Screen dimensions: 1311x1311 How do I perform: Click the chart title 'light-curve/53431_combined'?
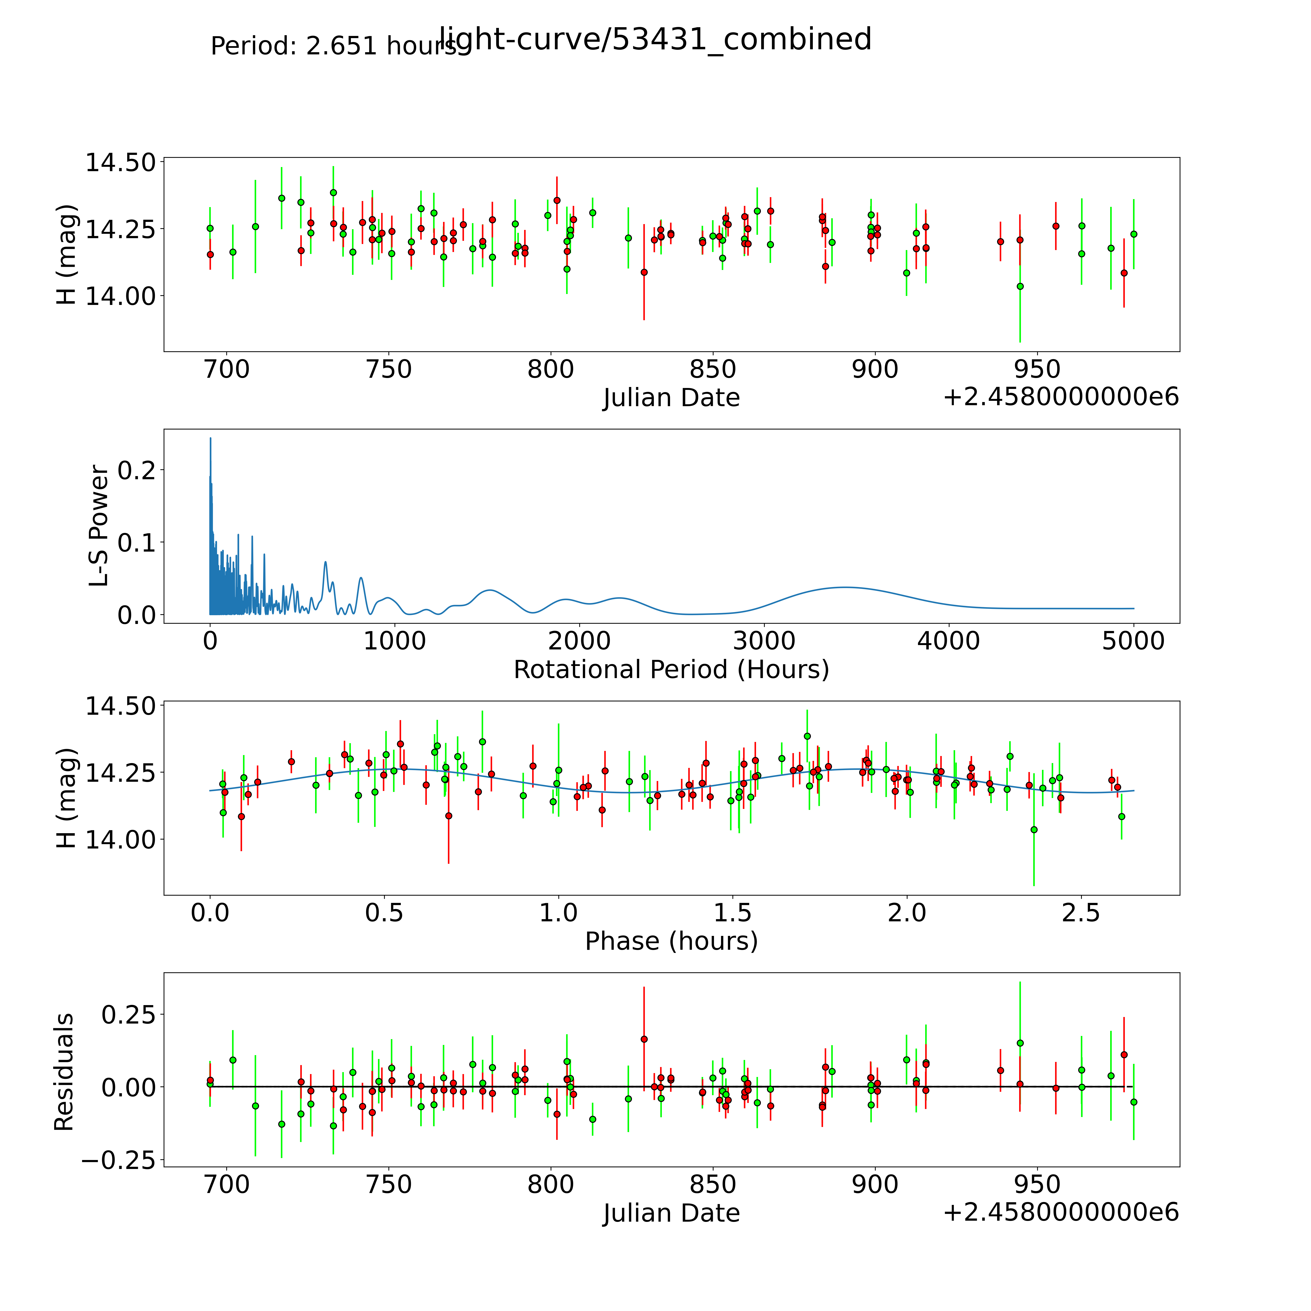coord(655,39)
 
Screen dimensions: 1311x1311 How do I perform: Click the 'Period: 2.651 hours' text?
coord(334,46)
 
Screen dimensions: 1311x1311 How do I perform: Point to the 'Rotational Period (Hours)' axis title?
coord(671,670)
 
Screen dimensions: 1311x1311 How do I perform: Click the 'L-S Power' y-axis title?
coord(99,526)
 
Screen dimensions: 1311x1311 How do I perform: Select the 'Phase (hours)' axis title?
coord(671,941)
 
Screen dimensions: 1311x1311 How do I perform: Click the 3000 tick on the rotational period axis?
coord(764,641)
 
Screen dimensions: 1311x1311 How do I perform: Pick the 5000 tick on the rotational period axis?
coord(1133,641)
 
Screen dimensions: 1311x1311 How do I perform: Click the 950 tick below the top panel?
coord(1037,370)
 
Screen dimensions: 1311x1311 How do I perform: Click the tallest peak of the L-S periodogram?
coord(210,438)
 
